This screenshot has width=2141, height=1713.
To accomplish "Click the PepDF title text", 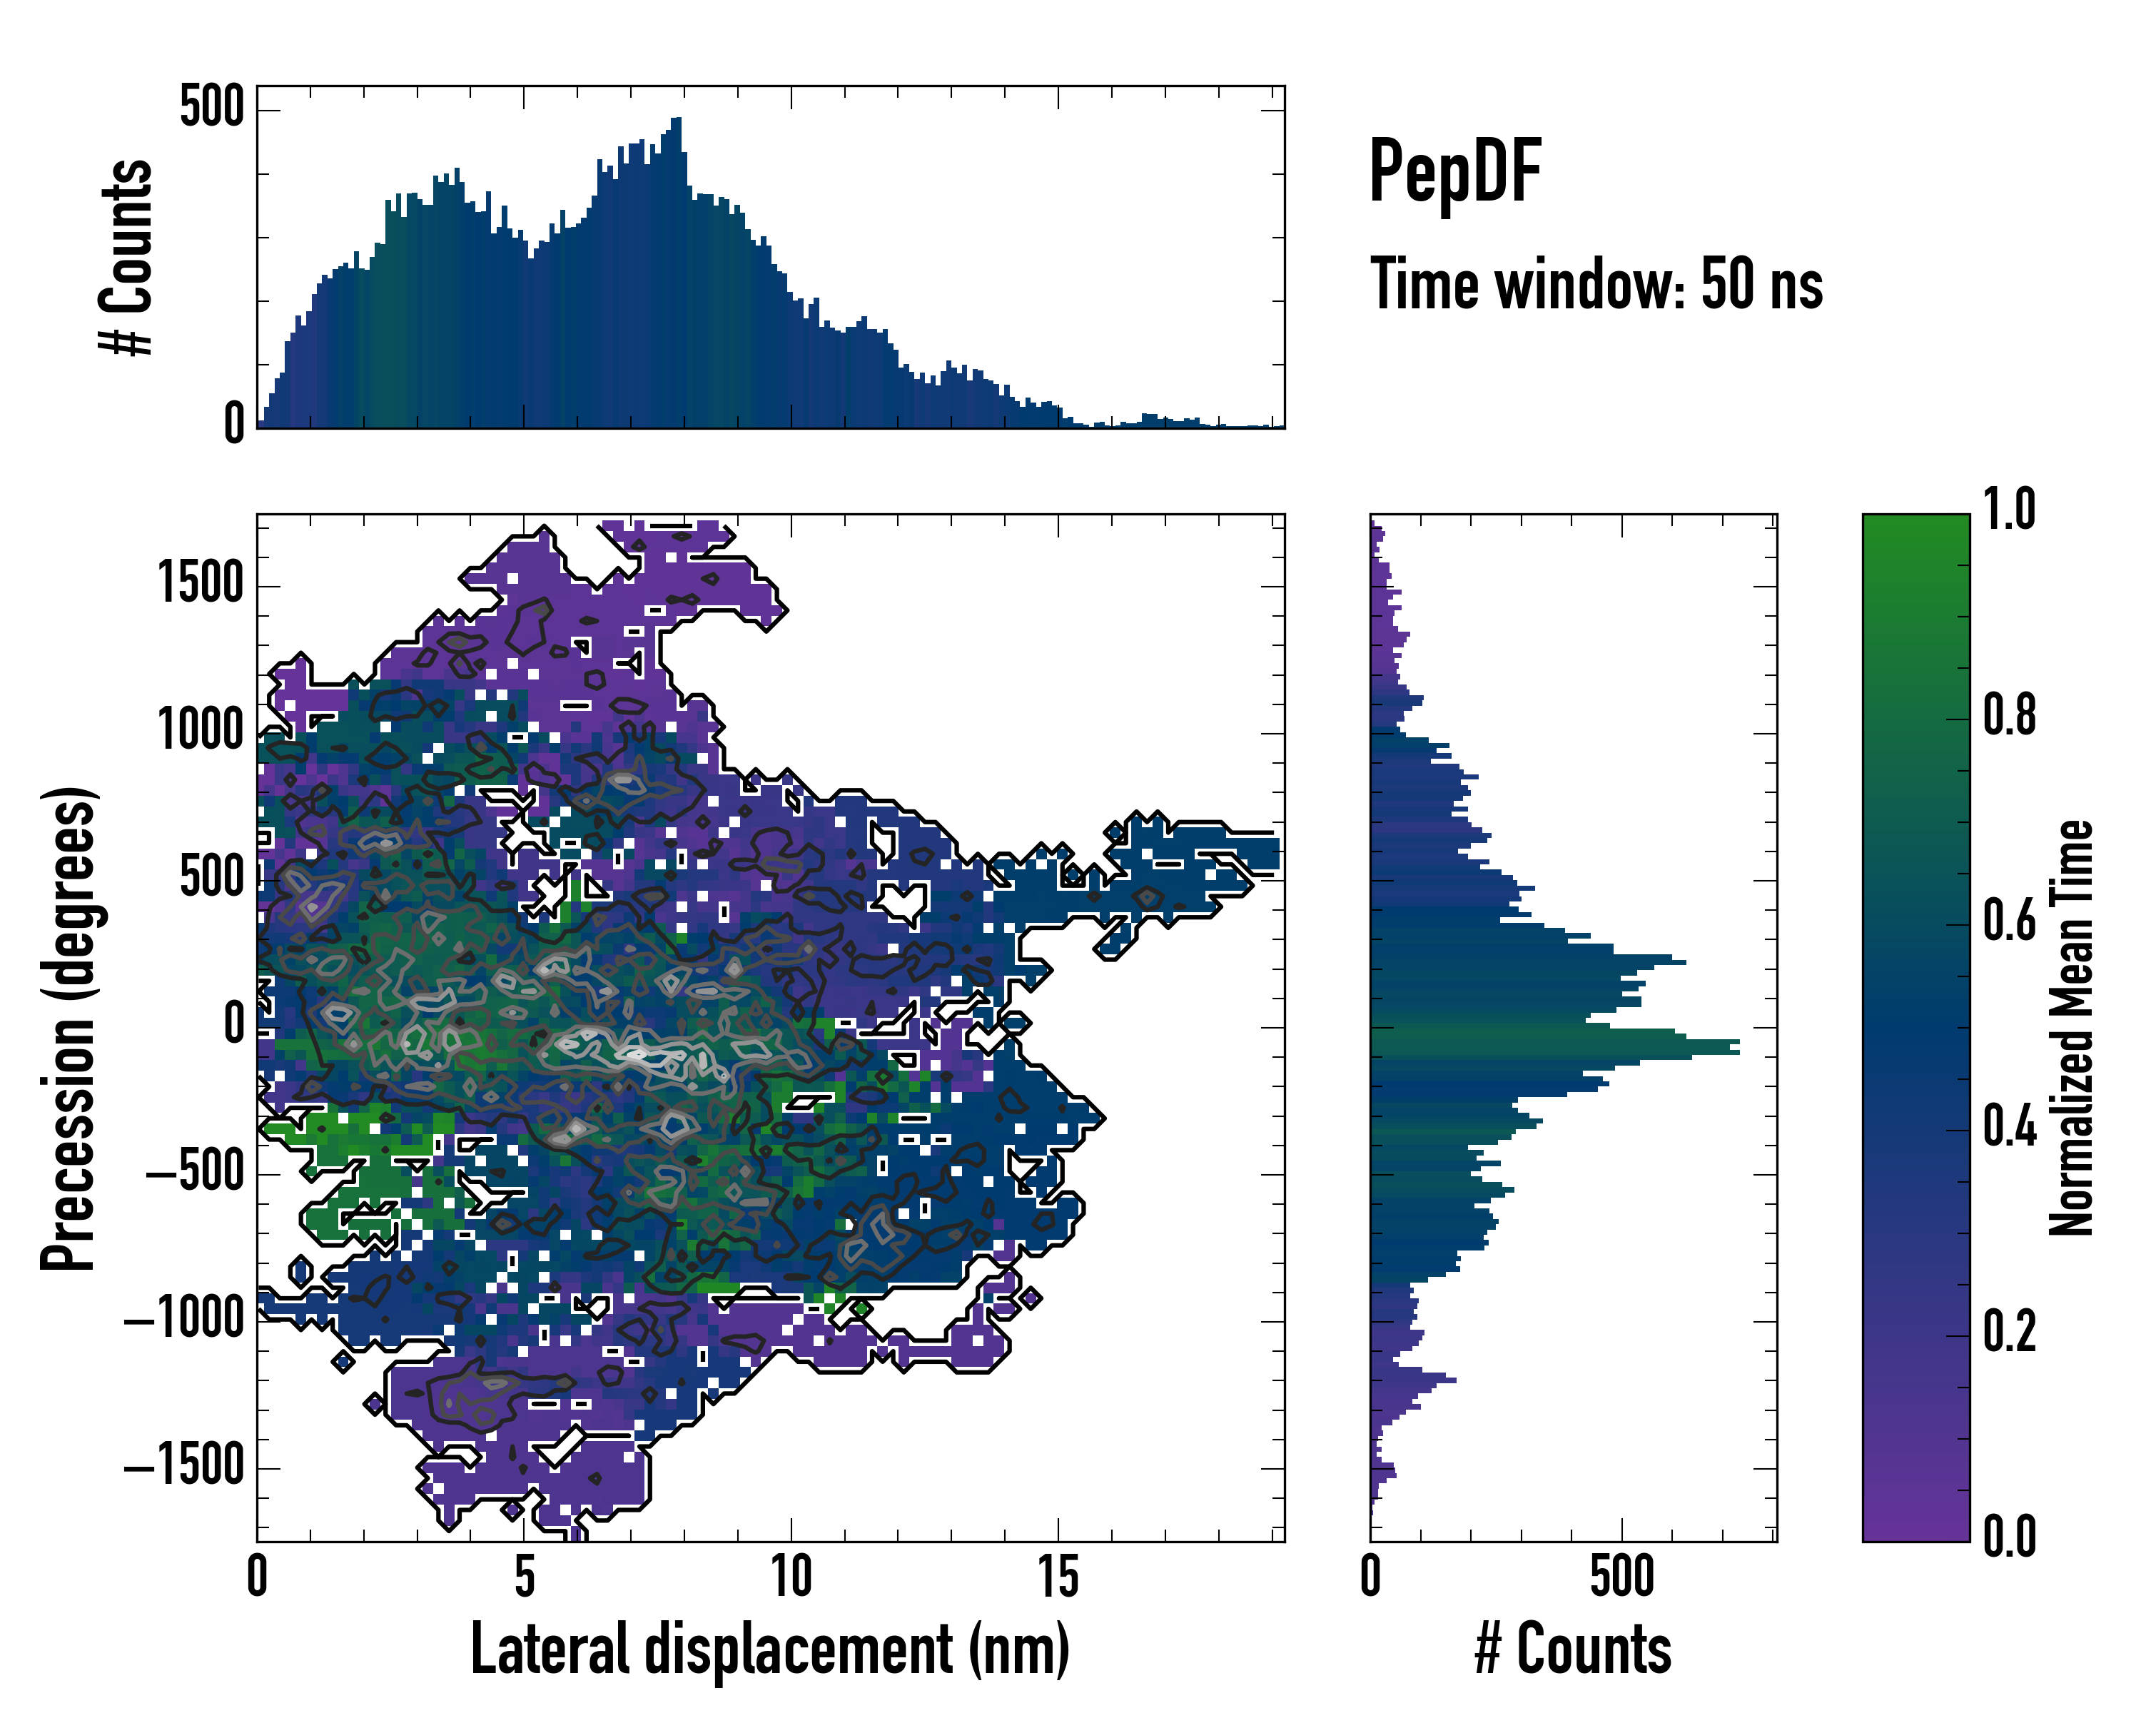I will coord(1454,173).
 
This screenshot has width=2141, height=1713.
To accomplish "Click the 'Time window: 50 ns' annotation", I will coord(1596,284).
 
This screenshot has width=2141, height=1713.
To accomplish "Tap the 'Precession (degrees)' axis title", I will coord(69,1028).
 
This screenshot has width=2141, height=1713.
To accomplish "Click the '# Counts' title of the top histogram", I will coord(127,256).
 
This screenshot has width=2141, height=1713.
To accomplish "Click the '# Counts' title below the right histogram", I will coord(1573,1649).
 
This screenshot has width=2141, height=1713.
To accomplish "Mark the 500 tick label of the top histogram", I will coord(211,106).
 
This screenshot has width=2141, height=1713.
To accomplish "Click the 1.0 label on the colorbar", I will coord(2009,510).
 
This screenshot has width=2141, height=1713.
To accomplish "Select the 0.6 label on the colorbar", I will coord(2009,921).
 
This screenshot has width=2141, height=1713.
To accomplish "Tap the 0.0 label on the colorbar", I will coord(2009,1535).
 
